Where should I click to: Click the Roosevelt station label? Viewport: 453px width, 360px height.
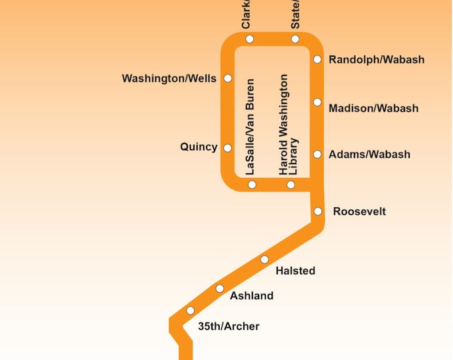359,212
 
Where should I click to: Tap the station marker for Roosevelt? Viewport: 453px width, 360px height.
318,211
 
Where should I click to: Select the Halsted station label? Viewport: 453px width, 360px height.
295,271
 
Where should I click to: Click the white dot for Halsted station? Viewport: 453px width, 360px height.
264,259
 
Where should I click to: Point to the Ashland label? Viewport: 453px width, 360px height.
251,296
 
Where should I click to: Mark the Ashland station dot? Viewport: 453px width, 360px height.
220,289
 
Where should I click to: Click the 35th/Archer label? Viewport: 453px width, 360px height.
228,326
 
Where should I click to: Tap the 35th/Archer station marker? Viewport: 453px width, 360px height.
191,311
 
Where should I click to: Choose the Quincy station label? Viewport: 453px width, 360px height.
199,147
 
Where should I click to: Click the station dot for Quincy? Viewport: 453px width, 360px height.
228,148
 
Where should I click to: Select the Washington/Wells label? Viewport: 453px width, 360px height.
169,79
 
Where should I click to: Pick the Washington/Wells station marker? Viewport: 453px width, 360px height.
228,79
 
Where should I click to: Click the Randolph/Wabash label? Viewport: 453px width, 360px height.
376,60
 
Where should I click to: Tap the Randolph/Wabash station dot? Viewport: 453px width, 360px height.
317,59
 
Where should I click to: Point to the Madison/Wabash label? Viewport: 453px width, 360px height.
373,108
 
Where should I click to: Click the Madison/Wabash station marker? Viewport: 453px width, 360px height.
317,102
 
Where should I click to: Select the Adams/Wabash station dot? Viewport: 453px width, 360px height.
317,154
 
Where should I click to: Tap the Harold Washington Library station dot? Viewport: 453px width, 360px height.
291,185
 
